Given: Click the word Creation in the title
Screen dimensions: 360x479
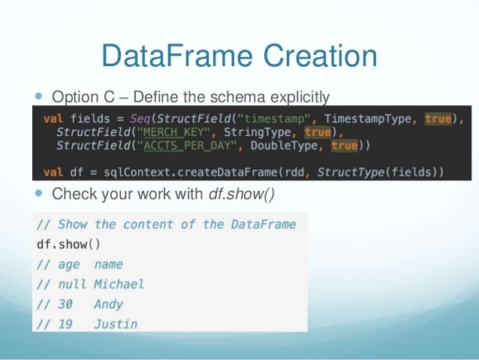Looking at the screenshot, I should [316, 57].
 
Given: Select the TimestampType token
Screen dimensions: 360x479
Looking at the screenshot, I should [371, 118].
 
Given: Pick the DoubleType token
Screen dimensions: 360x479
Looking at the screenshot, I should [288, 145].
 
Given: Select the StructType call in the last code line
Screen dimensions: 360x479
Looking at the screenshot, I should [347, 172].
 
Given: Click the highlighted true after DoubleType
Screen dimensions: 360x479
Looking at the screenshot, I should [345, 145].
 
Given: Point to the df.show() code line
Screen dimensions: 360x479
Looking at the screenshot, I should [68, 244].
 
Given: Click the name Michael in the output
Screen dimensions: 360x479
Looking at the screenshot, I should [119, 284].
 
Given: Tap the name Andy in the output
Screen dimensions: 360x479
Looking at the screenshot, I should [108, 304].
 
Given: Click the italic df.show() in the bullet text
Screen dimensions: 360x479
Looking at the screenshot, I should [241, 195].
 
